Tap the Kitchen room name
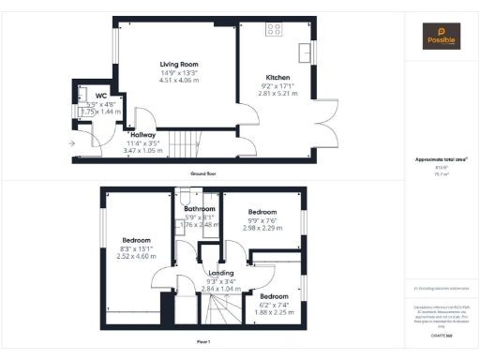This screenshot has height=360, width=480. tap(277, 77)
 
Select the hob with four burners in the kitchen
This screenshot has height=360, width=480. tap(275, 29)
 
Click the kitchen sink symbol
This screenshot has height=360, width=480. tap(305, 48)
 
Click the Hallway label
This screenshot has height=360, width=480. tap(142, 135)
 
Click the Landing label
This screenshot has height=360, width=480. tap(220, 273)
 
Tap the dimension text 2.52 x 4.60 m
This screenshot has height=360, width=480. tap(135, 256)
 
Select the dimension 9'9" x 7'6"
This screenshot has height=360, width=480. tap(263, 219)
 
